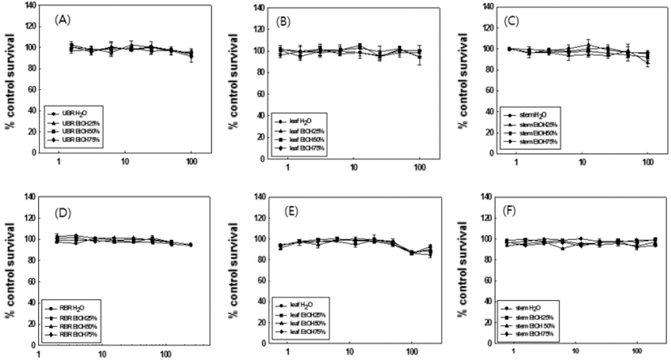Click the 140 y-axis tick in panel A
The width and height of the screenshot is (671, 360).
click(30, 5)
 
